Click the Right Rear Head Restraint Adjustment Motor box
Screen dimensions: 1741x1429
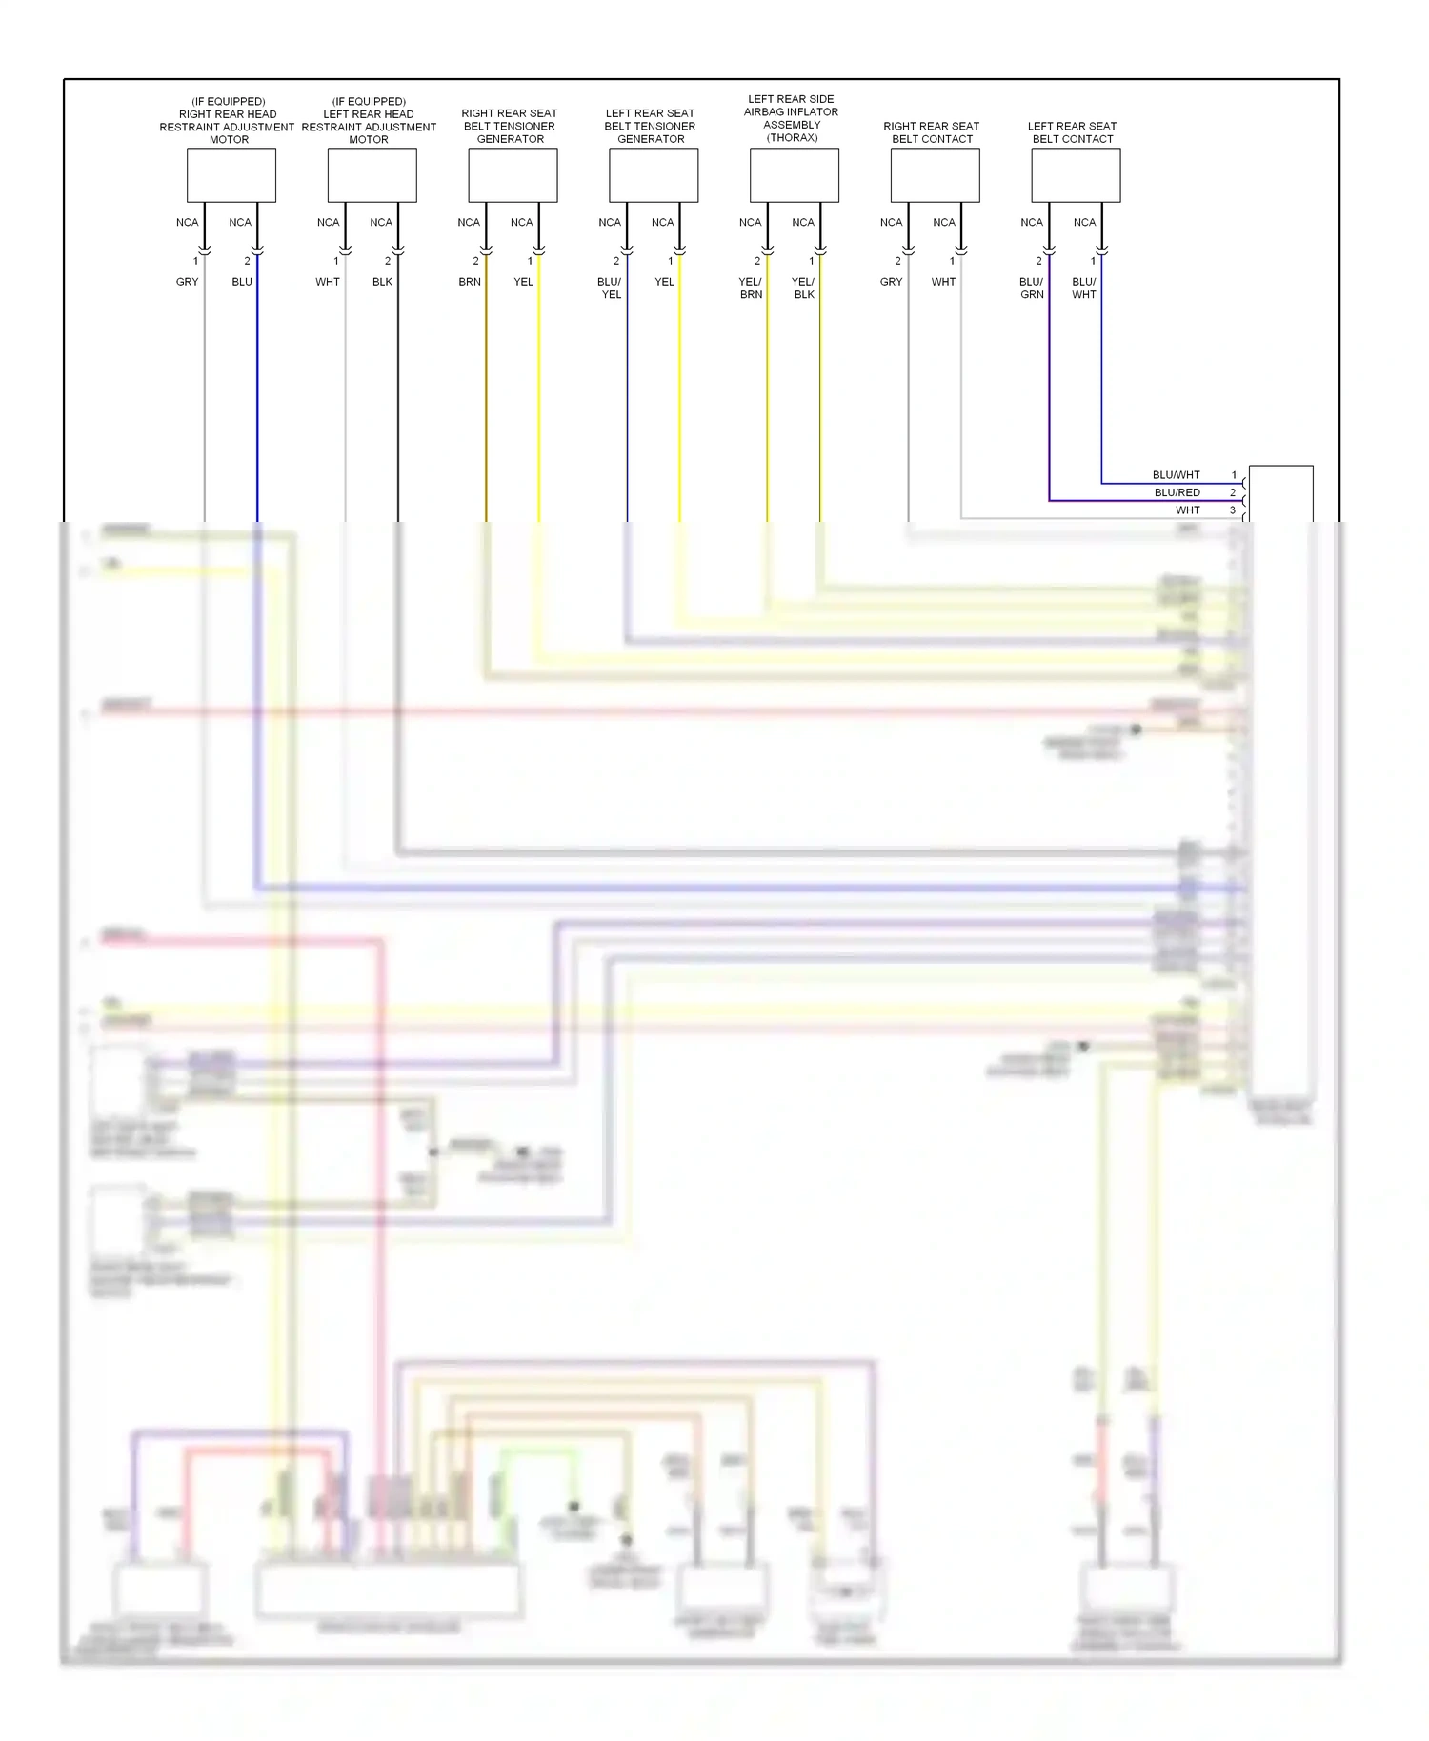tap(231, 175)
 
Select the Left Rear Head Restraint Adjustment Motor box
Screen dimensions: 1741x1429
tap(372, 175)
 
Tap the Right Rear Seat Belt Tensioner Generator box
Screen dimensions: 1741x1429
tap(513, 175)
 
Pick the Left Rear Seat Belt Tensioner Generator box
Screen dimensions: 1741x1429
tap(654, 175)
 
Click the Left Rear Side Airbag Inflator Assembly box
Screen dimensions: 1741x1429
tap(795, 175)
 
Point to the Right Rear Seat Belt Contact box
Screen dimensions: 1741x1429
tap(935, 175)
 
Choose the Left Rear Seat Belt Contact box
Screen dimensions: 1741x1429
tap(1076, 175)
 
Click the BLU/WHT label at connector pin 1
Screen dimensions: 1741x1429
tap(1176, 475)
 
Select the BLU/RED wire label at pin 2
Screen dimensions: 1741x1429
tap(1177, 493)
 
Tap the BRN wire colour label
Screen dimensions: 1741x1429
tap(470, 282)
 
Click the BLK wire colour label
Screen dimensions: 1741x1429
tap(382, 282)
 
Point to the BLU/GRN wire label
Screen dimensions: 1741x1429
tap(1032, 289)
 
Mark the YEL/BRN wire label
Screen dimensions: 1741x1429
tap(751, 289)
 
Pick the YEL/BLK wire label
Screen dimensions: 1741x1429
tap(803, 289)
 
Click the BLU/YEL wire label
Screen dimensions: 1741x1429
tap(610, 289)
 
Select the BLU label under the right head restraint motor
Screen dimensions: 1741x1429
tap(242, 282)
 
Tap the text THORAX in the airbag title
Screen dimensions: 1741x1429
tap(793, 138)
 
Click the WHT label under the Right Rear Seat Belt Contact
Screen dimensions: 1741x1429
tap(943, 282)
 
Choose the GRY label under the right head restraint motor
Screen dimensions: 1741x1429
tap(187, 282)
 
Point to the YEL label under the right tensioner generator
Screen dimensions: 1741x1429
tap(523, 282)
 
